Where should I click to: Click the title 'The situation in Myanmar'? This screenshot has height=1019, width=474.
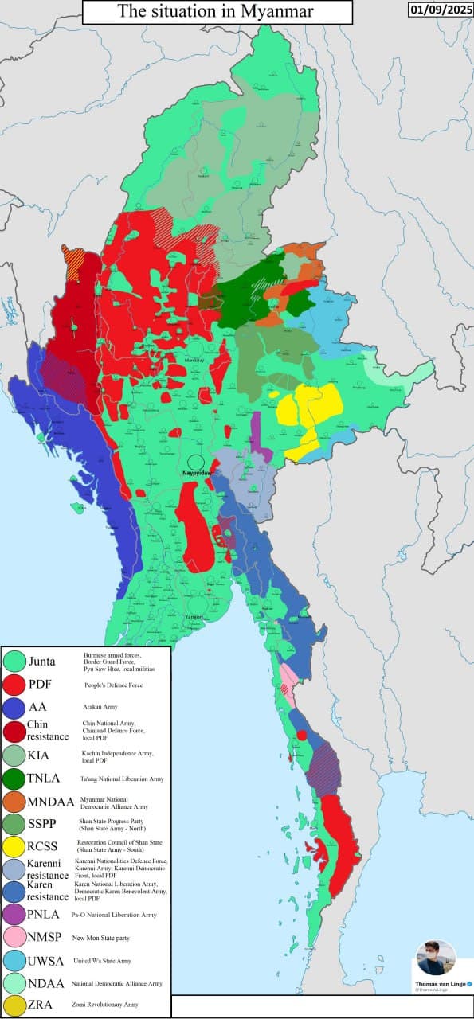pyautogui.click(x=215, y=11)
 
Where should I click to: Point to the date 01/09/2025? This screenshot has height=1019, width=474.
pyautogui.click(x=439, y=10)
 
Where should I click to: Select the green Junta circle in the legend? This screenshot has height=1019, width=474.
pyautogui.click(x=14, y=661)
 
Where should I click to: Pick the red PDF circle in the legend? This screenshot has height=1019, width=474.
pyautogui.click(x=14, y=684)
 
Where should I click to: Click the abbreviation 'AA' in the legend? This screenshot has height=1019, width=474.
pyautogui.click(x=37, y=707)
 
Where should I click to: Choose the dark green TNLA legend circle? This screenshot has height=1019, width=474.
pyautogui.click(x=14, y=777)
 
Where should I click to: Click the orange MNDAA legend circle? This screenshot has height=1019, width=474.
pyautogui.click(x=14, y=801)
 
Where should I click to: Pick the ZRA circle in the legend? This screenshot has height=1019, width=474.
pyautogui.click(x=14, y=1005)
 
